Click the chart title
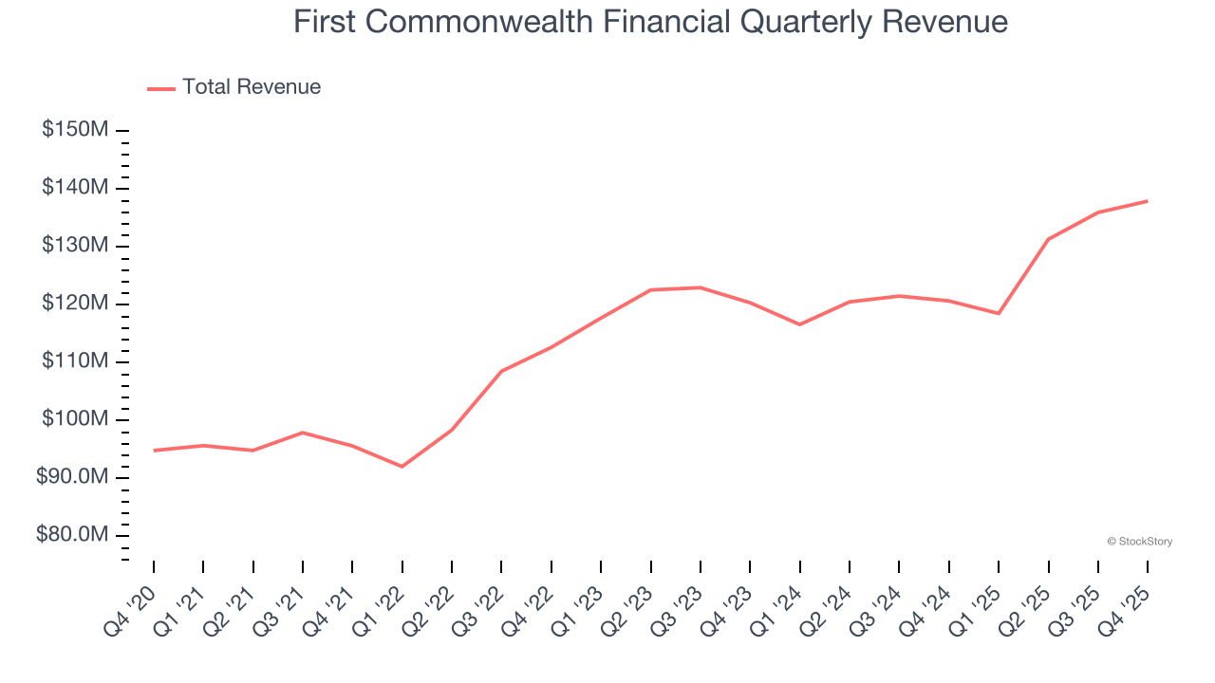click(x=650, y=21)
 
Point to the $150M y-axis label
click(x=74, y=130)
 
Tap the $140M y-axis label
click(x=74, y=188)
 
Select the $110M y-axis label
click(x=74, y=361)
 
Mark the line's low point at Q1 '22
click(x=402, y=467)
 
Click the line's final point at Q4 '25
click(x=1148, y=201)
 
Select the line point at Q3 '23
click(x=701, y=287)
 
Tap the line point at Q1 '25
click(x=999, y=313)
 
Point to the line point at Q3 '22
click(x=501, y=371)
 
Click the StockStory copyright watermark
click(x=1140, y=542)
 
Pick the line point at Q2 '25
click(x=1048, y=239)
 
